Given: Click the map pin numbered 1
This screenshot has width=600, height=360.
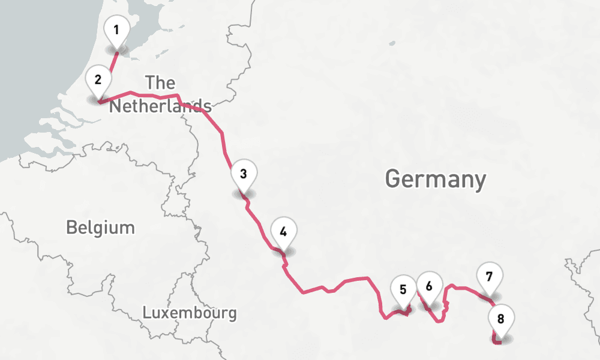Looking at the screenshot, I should point(116,30).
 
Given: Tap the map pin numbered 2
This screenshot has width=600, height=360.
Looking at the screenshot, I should point(98,80).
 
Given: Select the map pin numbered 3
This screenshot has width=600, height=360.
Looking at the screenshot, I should point(244,175).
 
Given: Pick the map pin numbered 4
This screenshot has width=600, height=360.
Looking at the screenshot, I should point(284,232).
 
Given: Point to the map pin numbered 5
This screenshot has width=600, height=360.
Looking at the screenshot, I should point(403,290).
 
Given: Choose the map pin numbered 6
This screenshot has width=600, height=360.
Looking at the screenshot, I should point(429,286).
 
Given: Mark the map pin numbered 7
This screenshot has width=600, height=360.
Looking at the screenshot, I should point(490,277).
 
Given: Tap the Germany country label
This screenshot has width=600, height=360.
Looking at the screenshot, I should point(435,179).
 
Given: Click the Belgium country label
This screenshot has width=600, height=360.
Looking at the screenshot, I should point(100,227).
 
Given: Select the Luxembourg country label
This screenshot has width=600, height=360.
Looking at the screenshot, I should point(190,313).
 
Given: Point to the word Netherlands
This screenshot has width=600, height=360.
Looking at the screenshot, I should point(160,107).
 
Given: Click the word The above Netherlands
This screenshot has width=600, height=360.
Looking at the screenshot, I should point(160,83).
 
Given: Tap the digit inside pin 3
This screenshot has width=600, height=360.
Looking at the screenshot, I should point(244,175).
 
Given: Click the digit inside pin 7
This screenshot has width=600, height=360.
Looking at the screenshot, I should point(490,277).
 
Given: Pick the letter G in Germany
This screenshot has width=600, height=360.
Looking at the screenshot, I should point(393,179).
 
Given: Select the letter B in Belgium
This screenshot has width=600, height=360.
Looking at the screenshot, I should point(71,227).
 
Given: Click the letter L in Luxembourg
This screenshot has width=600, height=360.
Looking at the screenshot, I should point(146,313).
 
